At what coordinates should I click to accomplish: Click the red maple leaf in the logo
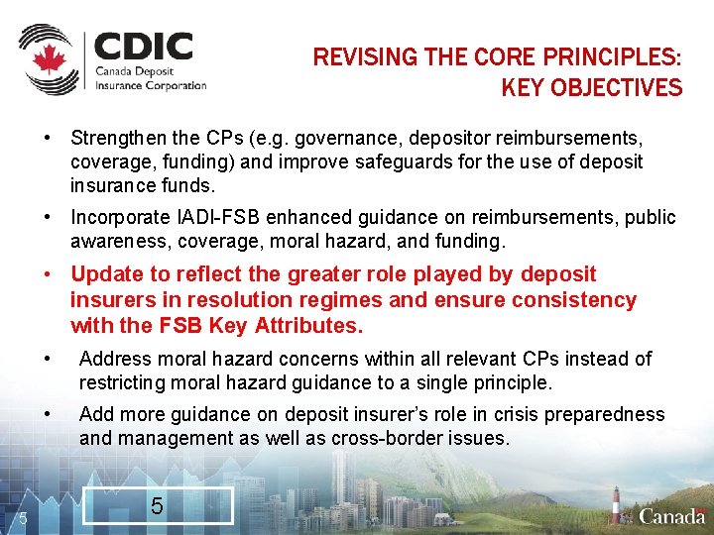(x=47, y=60)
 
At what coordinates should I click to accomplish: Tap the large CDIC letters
(x=143, y=47)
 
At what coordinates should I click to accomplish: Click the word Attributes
(x=308, y=326)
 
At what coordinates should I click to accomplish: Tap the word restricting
(x=123, y=382)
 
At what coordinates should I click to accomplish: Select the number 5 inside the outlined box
(x=157, y=506)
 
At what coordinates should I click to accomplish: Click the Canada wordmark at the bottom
(x=672, y=516)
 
